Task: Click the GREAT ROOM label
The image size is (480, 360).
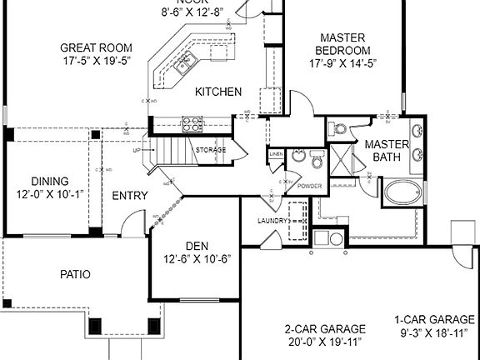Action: coord(97,47)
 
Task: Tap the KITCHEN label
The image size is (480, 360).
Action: coord(218,92)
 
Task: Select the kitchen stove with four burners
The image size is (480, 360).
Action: coord(192,124)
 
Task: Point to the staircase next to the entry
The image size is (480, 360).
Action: coord(172,151)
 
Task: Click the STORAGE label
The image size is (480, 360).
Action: coord(210,150)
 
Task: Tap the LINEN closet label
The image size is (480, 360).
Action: coord(276,155)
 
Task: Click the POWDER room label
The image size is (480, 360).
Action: coord(309,186)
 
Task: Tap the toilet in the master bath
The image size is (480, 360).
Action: coord(337,128)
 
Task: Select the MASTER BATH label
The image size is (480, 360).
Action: coord(386,150)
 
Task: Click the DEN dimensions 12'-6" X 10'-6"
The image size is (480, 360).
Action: coord(196,258)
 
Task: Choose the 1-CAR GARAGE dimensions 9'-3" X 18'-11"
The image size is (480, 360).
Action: coord(436,332)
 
